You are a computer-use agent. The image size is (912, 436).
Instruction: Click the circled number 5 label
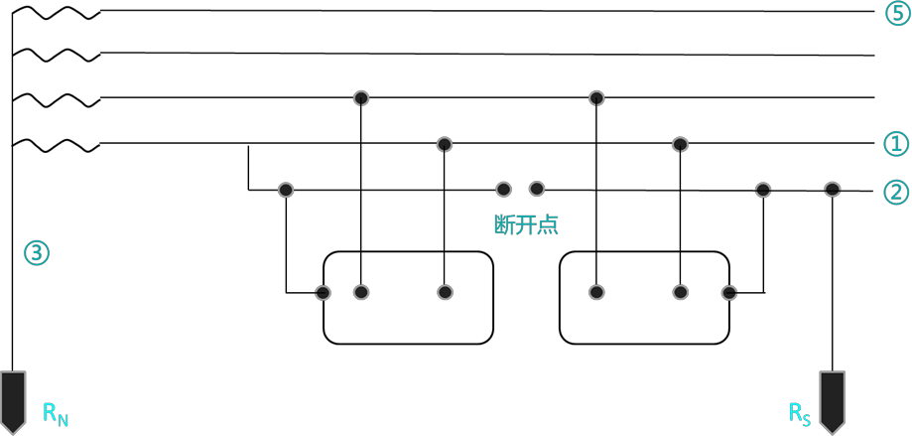click(896, 13)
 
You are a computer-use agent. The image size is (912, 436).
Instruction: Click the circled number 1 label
click(896, 144)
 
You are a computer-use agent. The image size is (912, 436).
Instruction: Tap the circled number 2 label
click(896, 192)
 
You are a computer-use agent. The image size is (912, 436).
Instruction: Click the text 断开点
click(526, 224)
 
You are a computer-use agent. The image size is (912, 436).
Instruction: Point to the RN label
click(56, 413)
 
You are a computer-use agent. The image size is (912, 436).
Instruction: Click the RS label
click(800, 413)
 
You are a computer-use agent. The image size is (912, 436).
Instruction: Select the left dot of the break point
click(504, 189)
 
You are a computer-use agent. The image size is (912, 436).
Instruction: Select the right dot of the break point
click(537, 189)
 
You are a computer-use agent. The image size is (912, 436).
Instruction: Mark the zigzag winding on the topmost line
click(57, 12)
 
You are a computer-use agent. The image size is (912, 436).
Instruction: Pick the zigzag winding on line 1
click(57, 145)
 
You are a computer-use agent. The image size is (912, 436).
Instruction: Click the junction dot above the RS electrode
click(833, 189)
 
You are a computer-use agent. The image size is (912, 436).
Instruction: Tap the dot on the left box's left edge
click(323, 293)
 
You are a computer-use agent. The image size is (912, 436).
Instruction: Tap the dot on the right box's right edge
click(728, 293)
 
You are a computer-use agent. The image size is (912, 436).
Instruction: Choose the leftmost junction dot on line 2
click(286, 189)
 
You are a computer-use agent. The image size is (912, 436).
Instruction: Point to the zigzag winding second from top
click(57, 55)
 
